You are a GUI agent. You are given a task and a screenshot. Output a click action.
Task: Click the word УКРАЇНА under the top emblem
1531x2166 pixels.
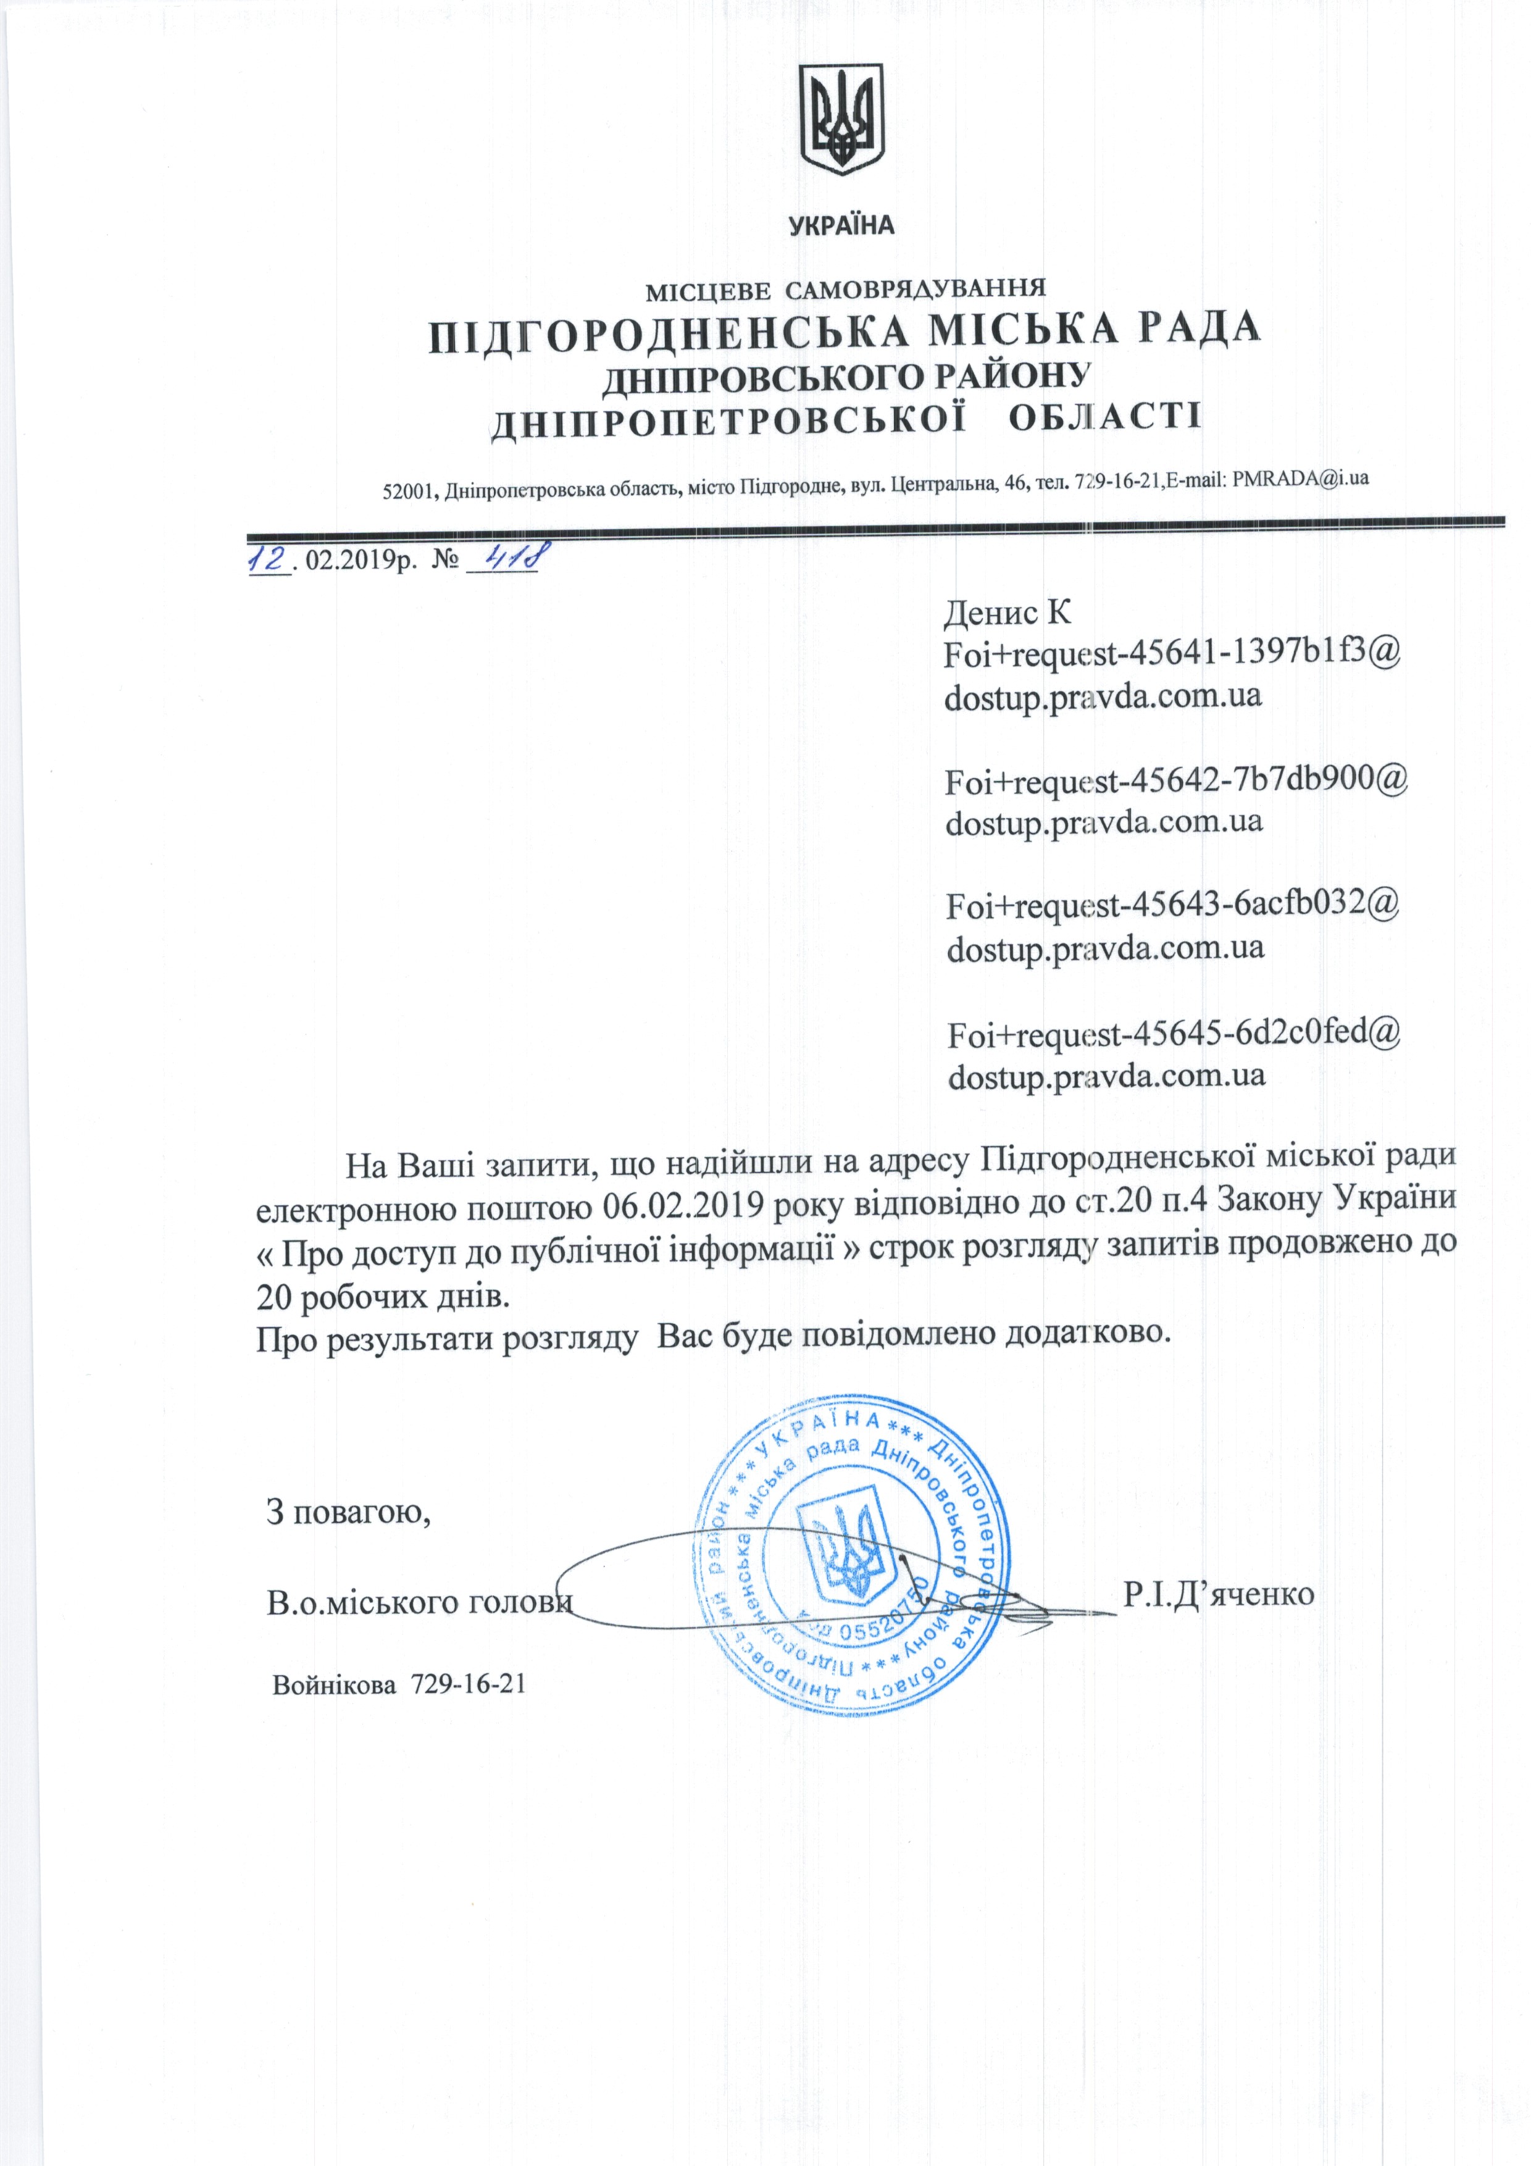(x=841, y=225)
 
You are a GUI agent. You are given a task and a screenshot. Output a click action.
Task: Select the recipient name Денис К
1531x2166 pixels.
(x=1007, y=613)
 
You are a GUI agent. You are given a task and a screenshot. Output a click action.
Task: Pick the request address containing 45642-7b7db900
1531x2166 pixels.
(x=1176, y=780)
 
